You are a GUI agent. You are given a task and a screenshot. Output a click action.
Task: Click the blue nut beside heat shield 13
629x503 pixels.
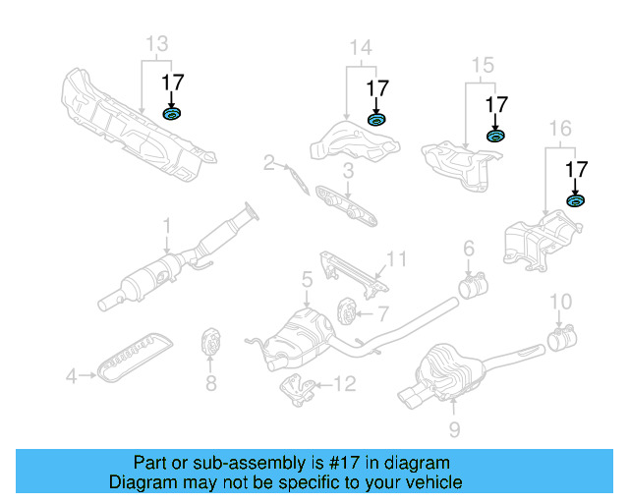click(x=173, y=116)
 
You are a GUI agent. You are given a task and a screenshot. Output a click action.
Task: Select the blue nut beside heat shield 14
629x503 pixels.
click(x=376, y=120)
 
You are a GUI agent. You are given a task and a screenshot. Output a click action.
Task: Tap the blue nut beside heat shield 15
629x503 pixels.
click(x=496, y=135)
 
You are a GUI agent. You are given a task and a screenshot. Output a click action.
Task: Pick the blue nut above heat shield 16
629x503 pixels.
click(x=575, y=201)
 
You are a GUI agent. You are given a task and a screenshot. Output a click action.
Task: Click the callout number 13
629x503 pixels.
click(x=156, y=43)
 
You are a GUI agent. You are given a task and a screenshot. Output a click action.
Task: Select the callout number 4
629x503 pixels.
click(x=71, y=374)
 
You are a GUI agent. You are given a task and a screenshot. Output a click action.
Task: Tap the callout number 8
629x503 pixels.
click(x=210, y=384)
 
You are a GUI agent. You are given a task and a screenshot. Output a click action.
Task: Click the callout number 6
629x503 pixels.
click(x=469, y=248)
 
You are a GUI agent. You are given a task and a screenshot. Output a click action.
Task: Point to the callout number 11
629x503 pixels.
click(x=395, y=259)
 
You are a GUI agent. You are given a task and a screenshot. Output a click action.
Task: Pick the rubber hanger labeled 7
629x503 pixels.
click(x=346, y=311)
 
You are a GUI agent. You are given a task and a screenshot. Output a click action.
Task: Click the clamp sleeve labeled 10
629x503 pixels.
click(x=561, y=341)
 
